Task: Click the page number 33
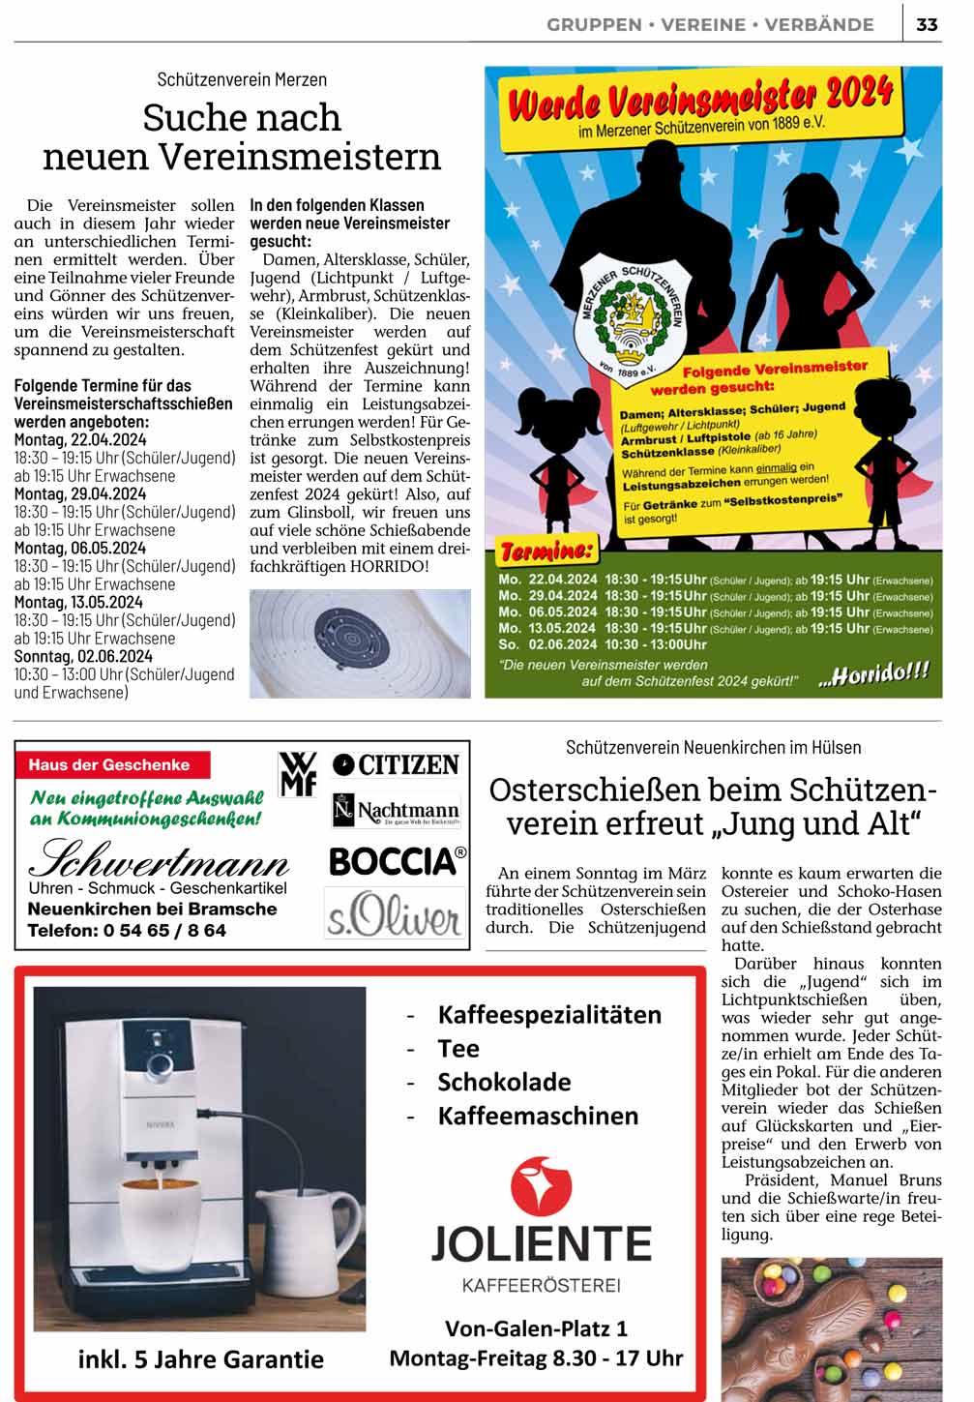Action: pyautogui.click(x=927, y=24)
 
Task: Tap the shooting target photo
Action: pyautogui.click(x=360, y=643)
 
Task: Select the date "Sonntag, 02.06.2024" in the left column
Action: pyautogui.click(x=83, y=656)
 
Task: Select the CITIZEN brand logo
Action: pyautogui.click(x=396, y=764)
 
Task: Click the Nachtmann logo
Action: pyautogui.click(x=396, y=810)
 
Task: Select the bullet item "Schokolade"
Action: pyautogui.click(x=504, y=1082)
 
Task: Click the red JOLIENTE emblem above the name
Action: pyautogui.click(x=541, y=1186)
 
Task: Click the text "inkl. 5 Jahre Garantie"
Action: pyautogui.click(x=200, y=1359)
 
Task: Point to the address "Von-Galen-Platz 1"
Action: pyautogui.click(x=536, y=1327)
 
